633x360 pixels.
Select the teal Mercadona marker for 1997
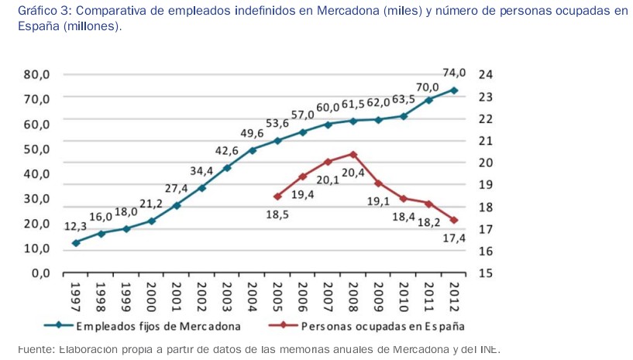[76, 243]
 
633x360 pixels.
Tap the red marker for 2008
[353, 154]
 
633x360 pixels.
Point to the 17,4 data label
[455, 238]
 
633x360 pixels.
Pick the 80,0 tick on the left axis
[36, 75]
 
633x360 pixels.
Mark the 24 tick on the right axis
[486, 75]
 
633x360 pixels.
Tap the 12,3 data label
[75, 226]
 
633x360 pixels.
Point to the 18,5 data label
[277, 214]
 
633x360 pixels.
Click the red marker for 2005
[277, 197]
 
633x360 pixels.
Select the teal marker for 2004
[253, 149]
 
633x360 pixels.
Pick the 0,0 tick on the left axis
[40, 273]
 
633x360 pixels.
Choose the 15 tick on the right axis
[486, 273]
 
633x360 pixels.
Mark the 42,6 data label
[226, 150]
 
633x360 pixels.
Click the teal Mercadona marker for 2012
[454, 91]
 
